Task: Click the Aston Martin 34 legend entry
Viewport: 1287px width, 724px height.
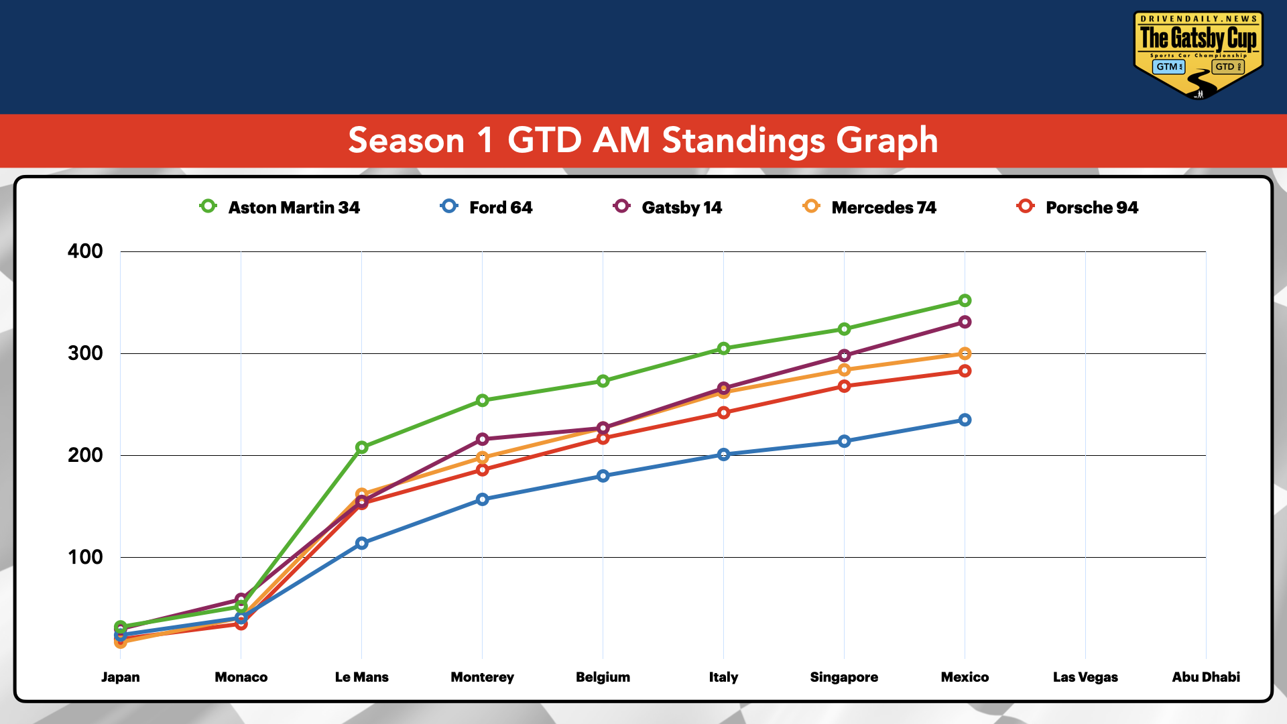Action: point(280,207)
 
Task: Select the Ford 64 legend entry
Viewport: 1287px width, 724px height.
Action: point(487,207)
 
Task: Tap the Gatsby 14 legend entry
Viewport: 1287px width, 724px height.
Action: point(668,207)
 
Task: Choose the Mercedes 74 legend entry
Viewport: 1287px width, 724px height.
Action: point(870,207)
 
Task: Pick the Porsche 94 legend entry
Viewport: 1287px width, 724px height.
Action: point(1078,207)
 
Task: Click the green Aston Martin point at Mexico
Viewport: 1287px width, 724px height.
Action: point(965,300)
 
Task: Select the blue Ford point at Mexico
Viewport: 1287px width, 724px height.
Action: point(965,420)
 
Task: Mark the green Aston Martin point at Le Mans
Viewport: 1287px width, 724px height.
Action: point(361,447)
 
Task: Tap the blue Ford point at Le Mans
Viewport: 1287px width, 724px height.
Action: point(361,543)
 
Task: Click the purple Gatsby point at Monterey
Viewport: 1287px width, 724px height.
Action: point(482,439)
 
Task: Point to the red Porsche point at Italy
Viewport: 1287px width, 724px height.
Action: point(723,412)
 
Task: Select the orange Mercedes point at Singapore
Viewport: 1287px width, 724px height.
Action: point(844,370)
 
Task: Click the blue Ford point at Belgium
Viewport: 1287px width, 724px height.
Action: point(603,476)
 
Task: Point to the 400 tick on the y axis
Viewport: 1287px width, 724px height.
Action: point(85,251)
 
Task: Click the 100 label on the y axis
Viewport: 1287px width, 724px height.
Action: point(85,557)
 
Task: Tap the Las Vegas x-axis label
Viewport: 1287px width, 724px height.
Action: point(1085,677)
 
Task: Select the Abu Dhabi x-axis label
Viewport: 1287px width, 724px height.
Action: point(1205,677)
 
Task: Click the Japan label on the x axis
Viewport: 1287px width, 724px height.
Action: point(121,677)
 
